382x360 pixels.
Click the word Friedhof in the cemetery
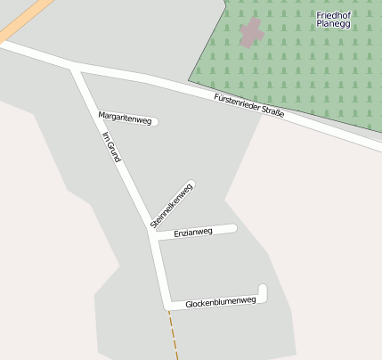pos(334,15)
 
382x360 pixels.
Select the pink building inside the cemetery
pos(251,34)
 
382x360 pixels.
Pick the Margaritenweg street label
pos(125,118)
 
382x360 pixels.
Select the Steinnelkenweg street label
pos(171,206)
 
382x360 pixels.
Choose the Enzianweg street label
pos(193,233)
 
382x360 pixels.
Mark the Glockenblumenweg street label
pos(220,303)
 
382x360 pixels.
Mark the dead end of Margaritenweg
pos(155,122)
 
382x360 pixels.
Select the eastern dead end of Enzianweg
pos(233,228)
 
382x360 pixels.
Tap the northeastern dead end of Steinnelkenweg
pos(192,185)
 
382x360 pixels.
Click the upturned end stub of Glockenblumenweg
pos(263,288)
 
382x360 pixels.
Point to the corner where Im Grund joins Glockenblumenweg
pos(167,305)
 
